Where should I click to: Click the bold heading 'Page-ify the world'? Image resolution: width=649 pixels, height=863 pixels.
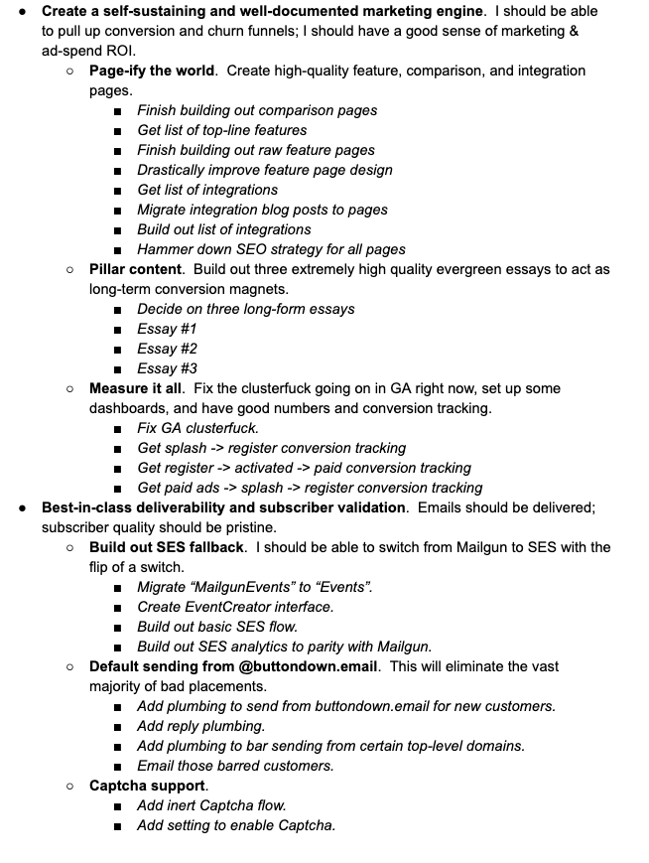(151, 71)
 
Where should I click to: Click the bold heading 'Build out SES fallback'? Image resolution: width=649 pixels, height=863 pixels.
(167, 547)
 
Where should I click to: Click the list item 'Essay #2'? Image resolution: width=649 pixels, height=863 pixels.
(167, 349)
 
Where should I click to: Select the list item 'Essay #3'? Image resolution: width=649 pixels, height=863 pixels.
(167, 368)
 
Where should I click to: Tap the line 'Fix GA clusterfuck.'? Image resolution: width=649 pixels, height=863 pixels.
(197, 428)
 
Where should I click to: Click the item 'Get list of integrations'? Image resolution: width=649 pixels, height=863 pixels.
(207, 190)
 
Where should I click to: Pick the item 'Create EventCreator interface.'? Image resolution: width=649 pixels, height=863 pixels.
(235, 607)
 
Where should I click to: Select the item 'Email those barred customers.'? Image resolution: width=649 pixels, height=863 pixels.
(235, 766)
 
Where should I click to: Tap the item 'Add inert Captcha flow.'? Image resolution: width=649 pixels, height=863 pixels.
(211, 805)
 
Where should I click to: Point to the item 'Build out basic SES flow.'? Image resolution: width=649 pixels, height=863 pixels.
(217, 627)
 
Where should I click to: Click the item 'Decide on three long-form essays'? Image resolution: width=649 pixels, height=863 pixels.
(245, 309)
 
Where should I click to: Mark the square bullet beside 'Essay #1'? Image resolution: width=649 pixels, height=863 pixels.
(117, 330)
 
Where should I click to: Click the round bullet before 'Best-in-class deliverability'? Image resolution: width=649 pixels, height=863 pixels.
(22, 507)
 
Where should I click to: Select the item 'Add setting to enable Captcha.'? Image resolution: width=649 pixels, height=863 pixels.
(236, 825)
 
